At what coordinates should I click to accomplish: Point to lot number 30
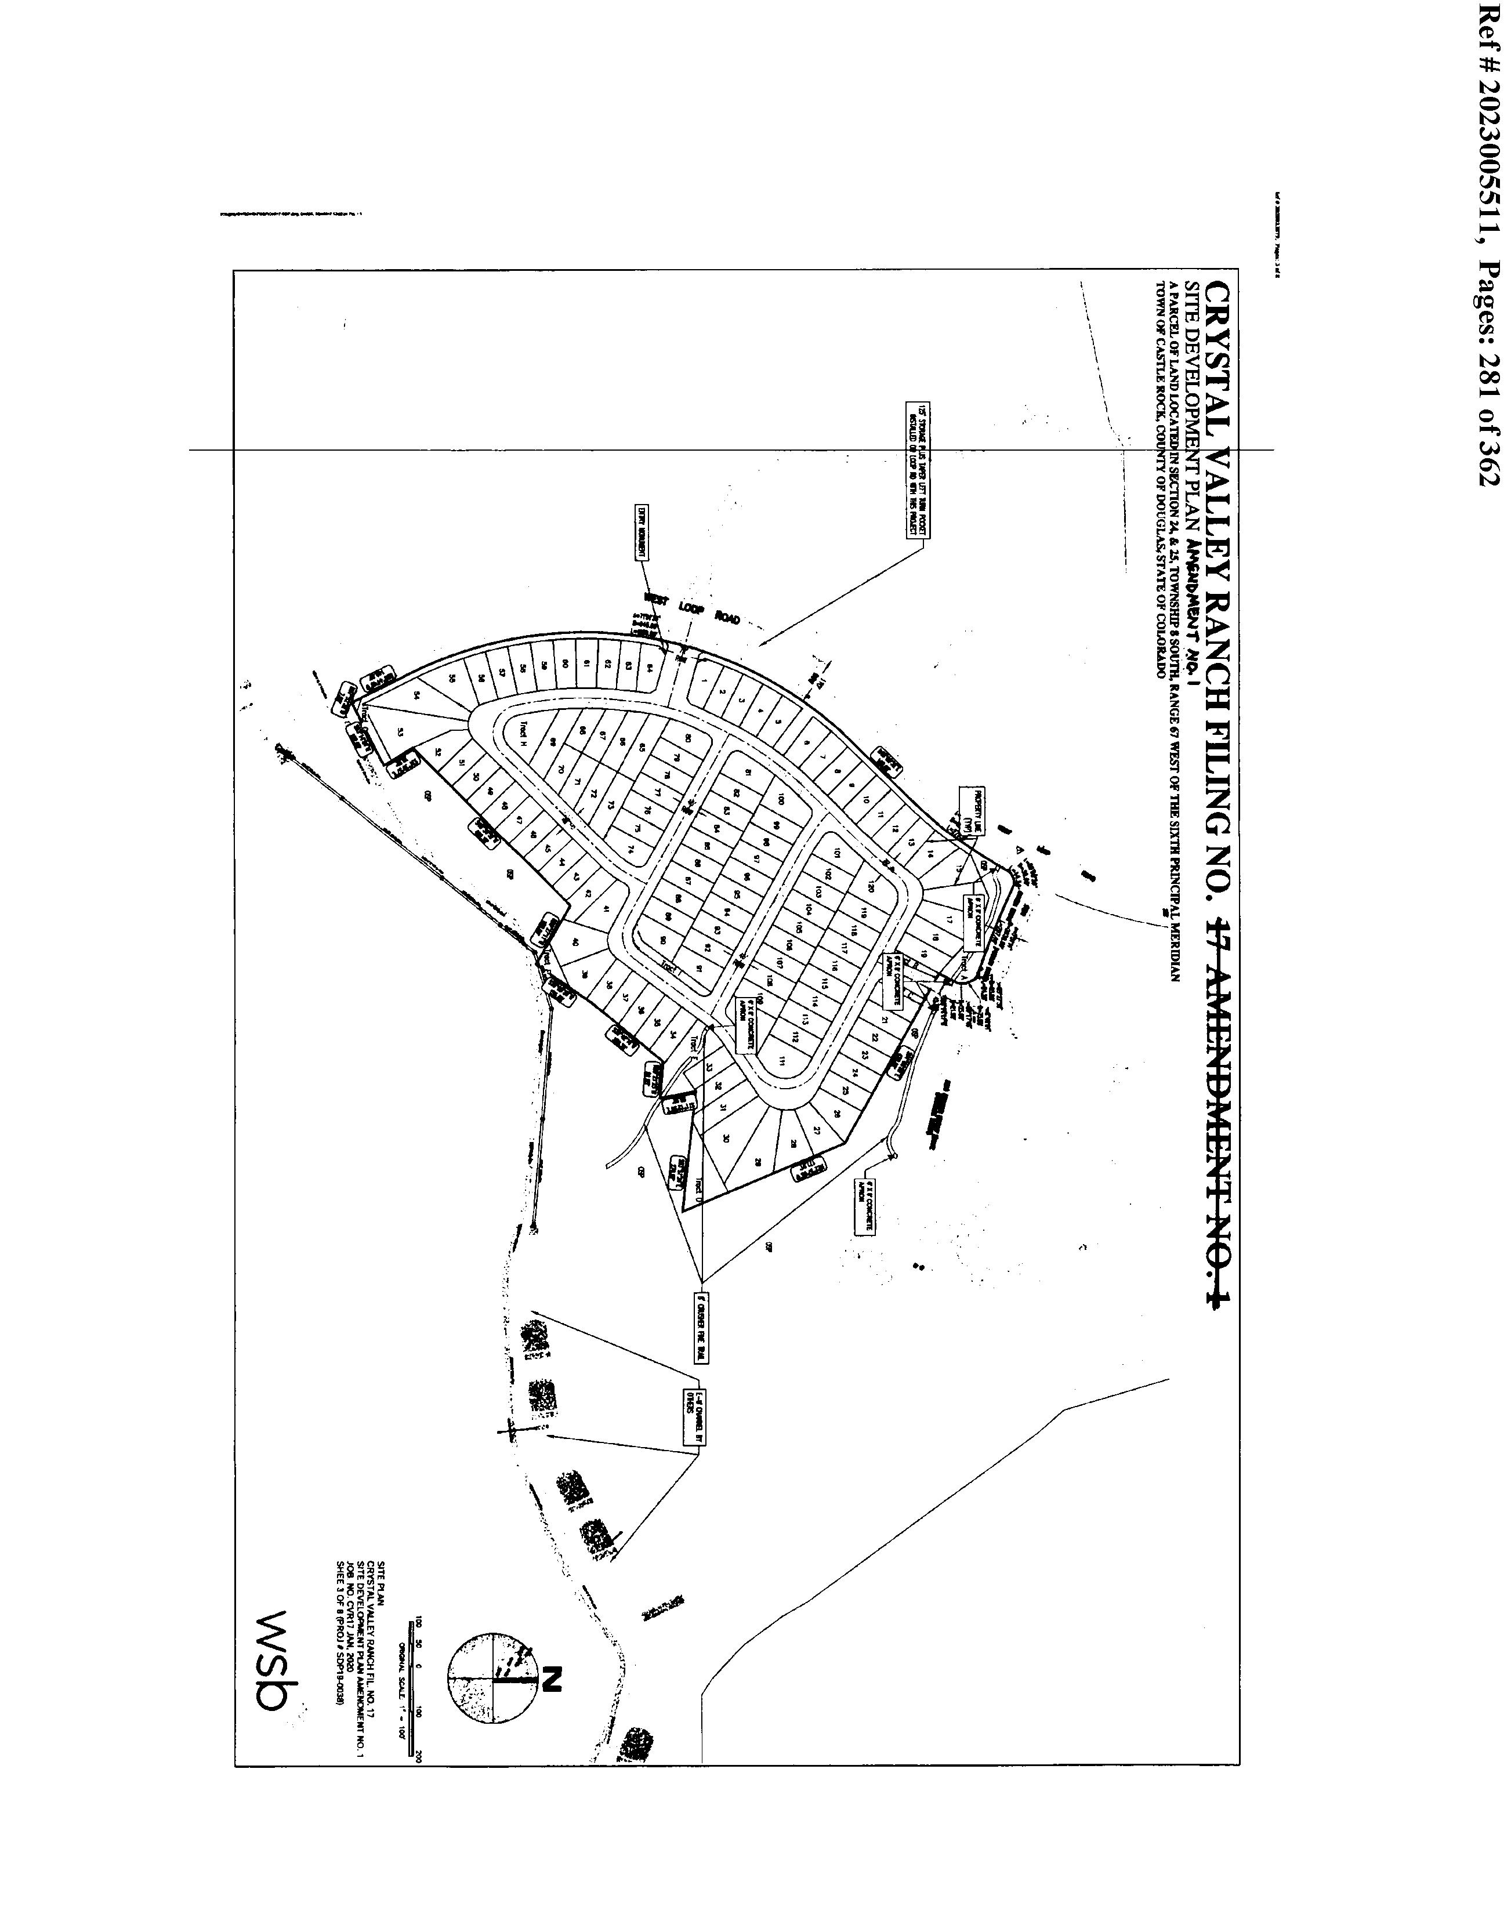pos(726,1139)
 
